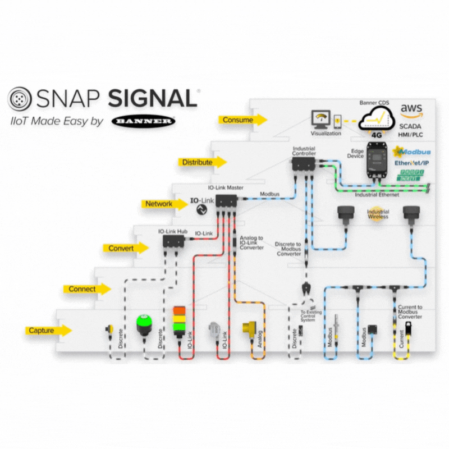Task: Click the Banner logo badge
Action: [x=143, y=121]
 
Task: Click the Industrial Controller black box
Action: [x=304, y=163]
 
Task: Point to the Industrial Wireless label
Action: [x=378, y=214]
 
